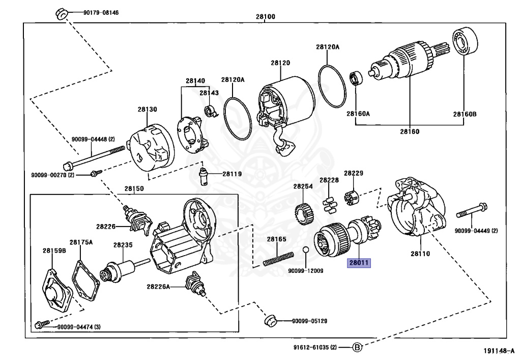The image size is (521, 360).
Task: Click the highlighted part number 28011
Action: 359,263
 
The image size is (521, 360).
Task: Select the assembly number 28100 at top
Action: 265,17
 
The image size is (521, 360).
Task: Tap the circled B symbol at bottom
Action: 357,348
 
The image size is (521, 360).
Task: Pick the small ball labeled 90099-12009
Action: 305,250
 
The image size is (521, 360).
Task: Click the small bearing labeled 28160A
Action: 355,78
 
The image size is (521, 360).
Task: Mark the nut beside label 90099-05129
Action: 270,320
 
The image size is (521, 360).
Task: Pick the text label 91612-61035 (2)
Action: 315,348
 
